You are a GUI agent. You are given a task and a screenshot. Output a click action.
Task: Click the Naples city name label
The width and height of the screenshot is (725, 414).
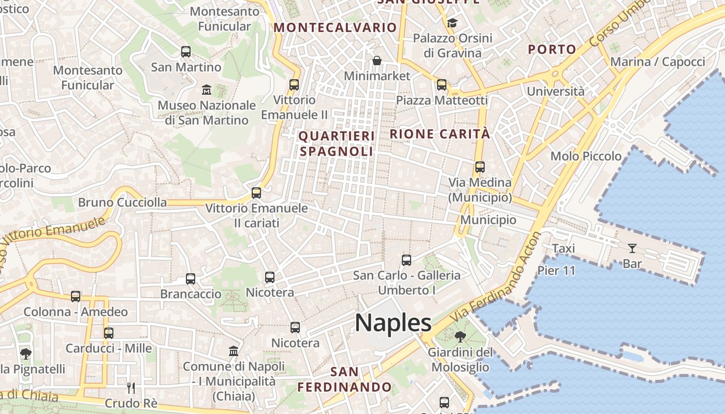click(x=393, y=323)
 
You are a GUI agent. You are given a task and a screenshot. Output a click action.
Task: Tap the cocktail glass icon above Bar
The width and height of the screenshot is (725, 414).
click(x=632, y=248)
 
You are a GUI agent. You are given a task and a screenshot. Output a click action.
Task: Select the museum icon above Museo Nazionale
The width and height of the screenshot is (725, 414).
click(x=207, y=90)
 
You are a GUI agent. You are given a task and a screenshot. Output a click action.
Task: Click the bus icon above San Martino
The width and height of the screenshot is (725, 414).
click(x=186, y=52)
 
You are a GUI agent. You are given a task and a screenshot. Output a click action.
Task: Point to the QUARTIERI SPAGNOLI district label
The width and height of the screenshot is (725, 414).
click(x=337, y=143)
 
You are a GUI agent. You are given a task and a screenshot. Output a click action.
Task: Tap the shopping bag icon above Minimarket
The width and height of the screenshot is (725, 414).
click(x=377, y=61)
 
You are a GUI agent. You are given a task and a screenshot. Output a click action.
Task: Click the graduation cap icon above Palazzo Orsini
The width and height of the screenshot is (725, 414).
click(x=453, y=23)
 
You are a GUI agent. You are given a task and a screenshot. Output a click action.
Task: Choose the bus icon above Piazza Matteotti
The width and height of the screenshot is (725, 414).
click(x=442, y=85)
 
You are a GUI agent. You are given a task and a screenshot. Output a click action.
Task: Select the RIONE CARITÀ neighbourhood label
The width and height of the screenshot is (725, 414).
click(x=440, y=134)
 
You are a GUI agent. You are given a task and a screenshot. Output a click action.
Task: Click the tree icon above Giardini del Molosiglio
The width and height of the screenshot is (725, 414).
click(x=459, y=337)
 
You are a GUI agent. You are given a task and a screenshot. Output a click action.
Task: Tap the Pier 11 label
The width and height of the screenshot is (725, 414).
click(x=556, y=271)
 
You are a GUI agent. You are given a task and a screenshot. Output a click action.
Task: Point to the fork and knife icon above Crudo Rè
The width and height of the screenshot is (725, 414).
click(x=131, y=388)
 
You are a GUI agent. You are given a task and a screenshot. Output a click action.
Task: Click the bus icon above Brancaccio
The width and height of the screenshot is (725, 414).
click(x=191, y=279)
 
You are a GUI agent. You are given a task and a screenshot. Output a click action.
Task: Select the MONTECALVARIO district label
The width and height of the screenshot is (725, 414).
click(x=335, y=27)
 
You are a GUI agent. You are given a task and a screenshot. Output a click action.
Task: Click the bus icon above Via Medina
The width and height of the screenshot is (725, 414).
click(x=480, y=167)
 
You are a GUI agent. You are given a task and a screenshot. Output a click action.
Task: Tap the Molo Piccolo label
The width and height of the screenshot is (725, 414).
click(x=586, y=156)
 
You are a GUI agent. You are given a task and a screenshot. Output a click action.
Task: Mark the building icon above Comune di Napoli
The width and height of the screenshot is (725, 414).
click(x=234, y=351)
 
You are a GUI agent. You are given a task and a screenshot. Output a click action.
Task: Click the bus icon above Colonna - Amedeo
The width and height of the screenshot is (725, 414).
click(x=76, y=297)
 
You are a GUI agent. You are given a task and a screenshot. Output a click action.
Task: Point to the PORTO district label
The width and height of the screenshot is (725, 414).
click(x=552, y=50)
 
